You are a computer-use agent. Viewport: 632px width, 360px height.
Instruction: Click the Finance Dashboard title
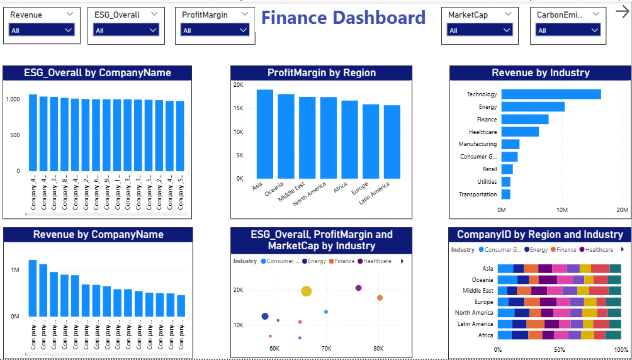[343, 18]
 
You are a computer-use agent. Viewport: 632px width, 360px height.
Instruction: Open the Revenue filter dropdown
[42, 30]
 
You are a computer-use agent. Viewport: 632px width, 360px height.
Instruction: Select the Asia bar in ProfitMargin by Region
[264, 133]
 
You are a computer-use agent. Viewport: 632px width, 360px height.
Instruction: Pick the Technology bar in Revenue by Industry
[551, 94]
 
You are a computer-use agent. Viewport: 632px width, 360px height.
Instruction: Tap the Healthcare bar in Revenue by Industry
[520, 132]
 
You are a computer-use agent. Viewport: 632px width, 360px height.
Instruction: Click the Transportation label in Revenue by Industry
[478, 194]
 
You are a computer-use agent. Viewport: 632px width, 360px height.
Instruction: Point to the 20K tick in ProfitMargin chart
[238, 85]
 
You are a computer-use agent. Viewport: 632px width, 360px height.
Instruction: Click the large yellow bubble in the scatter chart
[307, 291]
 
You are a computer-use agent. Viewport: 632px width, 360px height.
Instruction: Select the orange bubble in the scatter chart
[380, 298]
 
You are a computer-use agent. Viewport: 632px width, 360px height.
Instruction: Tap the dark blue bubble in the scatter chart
[265, 316]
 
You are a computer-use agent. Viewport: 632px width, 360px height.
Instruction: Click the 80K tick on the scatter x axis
[378, 348]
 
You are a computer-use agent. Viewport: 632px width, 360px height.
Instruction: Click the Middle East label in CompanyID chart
[478, 291]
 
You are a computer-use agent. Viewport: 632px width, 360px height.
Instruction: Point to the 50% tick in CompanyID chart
[560, 350]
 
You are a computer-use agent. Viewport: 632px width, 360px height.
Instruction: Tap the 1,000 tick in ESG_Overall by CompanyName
[13, 99]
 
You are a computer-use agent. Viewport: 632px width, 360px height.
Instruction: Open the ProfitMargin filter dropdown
[215, 30]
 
